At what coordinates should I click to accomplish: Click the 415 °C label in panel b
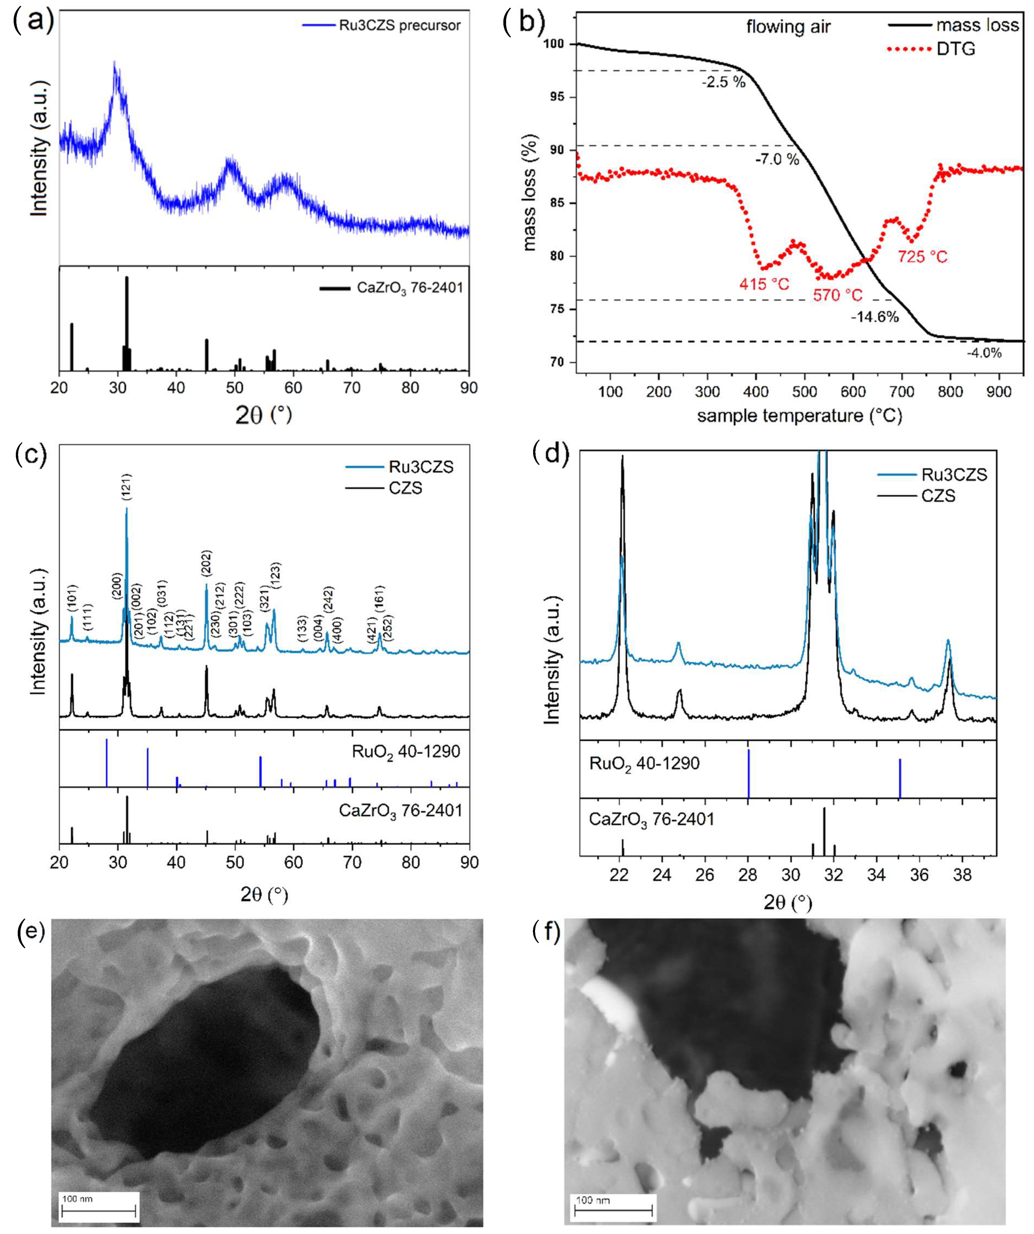tap(764, 284)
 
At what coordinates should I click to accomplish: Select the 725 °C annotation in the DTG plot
tap(922, 257)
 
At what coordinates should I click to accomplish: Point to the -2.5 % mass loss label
tap(723, 82)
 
